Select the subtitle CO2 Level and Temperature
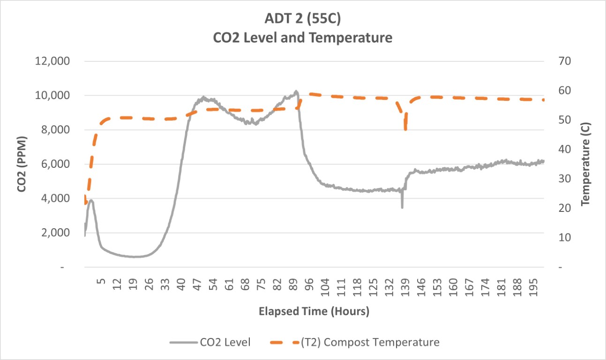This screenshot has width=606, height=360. tap(303, 37)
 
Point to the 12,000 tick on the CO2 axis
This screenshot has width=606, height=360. tap(53, 61)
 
